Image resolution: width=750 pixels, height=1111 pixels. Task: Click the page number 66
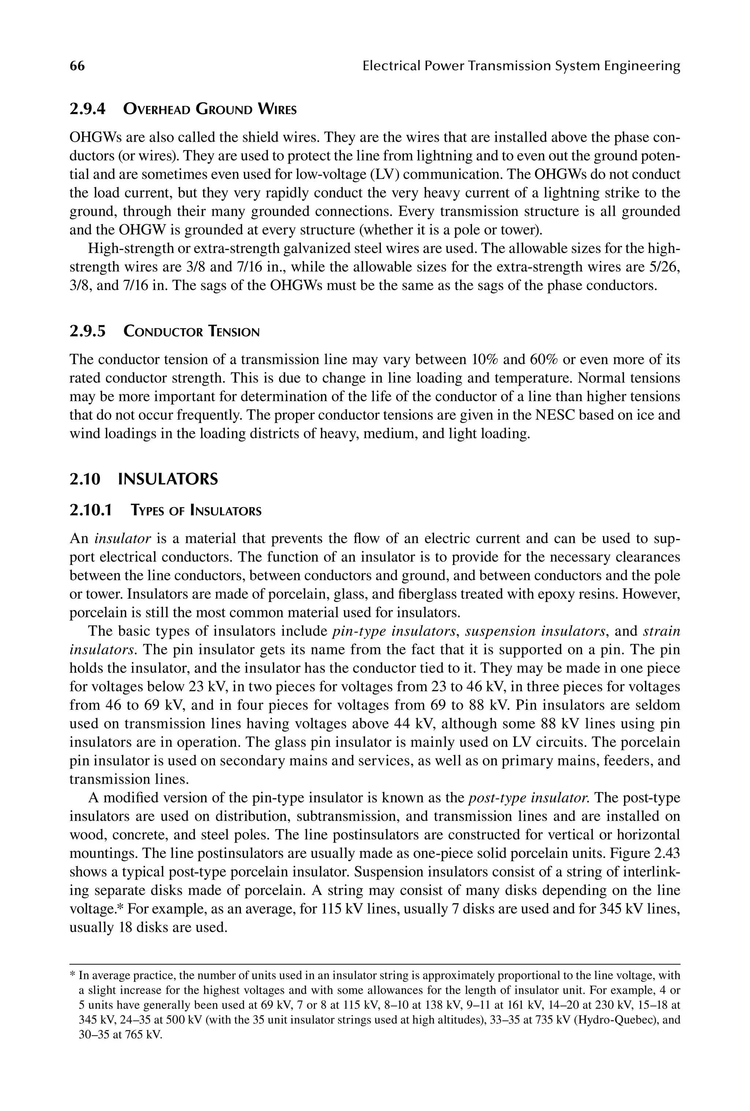(x=77, y=66)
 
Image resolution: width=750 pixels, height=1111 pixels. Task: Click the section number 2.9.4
(x=87, y=109)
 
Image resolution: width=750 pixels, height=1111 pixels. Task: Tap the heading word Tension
(x=234, y=331)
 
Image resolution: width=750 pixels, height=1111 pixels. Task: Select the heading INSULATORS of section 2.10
(x=167, y=479)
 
